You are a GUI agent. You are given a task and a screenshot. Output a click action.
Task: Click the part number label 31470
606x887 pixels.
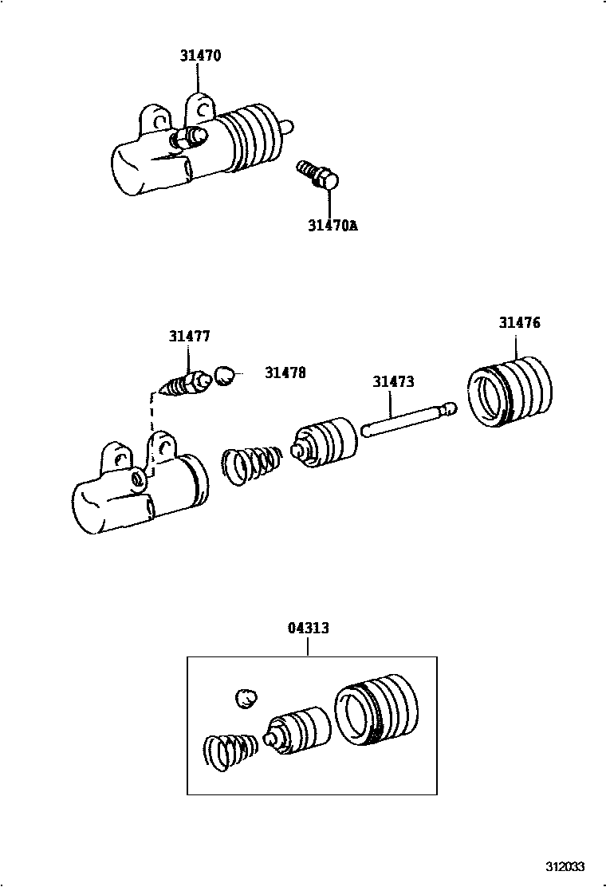(199, 56)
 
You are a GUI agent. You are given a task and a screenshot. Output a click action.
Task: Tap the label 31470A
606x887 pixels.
(333, 226)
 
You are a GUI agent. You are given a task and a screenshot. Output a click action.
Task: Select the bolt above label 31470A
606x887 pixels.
(319, 175)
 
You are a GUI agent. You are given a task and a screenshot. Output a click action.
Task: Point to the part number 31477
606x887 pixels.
(189, 337)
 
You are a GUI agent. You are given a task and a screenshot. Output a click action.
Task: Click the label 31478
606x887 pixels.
(285, 373)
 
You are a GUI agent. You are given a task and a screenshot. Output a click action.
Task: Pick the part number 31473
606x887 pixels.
(393, 382)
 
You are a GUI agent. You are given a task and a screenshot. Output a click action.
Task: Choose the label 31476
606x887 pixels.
(519, 323)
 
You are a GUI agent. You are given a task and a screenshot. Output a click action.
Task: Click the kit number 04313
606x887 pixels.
(308, 629)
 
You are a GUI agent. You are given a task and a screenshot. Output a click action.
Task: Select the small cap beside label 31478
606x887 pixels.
(226, 375)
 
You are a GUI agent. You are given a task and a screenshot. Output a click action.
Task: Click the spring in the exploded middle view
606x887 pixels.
(250, 465)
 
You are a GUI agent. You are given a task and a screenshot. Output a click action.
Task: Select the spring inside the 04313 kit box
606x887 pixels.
(230, 751)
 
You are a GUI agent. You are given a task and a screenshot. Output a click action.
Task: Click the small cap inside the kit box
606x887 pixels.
(247, 699)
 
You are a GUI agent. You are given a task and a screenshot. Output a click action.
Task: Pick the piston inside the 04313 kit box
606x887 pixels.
(298, 729)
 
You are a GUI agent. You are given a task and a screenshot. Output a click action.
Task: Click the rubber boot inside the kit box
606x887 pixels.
(373, 709)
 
